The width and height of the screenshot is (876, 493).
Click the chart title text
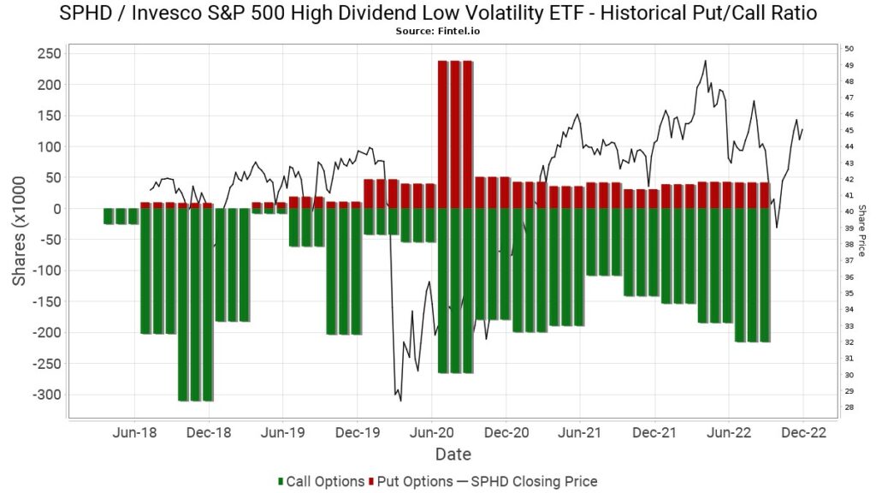click(x=438, y=13)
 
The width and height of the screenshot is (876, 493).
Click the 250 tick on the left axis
click(x=48, y=53)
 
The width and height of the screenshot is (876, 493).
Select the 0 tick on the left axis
click(x=56, y=209)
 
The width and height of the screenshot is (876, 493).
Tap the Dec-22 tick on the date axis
click(x=802, y=434)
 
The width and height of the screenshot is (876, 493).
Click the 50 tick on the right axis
click(x=847, y=49)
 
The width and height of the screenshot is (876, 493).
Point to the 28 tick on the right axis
click(x=847, y=407)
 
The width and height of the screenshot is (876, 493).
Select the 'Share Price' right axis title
click(x=862, y=230)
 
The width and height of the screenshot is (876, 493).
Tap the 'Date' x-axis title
click(x=453, y=454)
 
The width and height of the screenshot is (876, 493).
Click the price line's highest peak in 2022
click(x=705, y=61)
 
